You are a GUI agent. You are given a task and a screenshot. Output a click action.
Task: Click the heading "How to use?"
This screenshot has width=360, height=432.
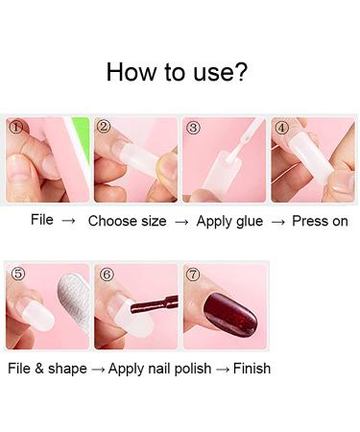pyautogui.click(x=180, y=71)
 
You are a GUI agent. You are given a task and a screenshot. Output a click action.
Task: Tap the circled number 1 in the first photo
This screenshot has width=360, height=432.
pyautogui.click(x=15, y=127)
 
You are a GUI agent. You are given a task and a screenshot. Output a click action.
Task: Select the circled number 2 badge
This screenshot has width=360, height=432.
pyautogui.click(x=105, y=127)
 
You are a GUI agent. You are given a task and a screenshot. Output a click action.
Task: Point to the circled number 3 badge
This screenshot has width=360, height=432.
pyautogui.click(x=193, y=127)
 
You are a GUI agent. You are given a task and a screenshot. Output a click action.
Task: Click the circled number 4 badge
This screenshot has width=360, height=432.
pyautogui.click(x=281, y=127)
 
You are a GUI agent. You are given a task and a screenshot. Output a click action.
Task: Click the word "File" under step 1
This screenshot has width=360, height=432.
pyautogui.click(x=41, y=221)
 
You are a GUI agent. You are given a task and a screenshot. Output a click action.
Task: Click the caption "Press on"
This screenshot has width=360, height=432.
pyautogui.click(x=321, y=221)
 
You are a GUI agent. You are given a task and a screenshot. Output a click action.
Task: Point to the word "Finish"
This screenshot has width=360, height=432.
pyautogui.click(x=251, y=369)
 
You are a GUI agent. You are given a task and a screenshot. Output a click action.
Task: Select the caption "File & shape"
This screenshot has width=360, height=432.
pyautogui.click(x=44, y=369)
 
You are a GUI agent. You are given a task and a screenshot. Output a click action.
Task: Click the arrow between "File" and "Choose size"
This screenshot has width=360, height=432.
pyautogui.click(x=68, y=221)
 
